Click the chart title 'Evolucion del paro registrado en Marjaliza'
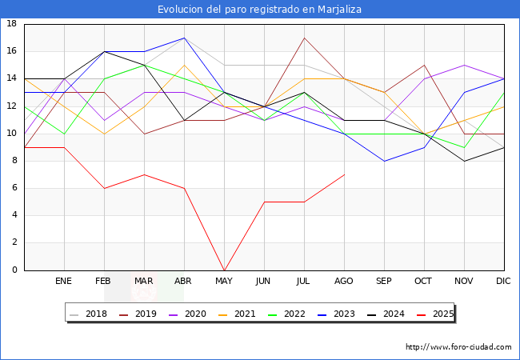[x=260, y=9]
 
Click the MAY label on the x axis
[x=224, y=282]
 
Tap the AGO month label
[x=344, y=282]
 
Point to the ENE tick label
[x=64, y=282]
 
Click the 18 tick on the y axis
[x=12, y=24]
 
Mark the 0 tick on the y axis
[x=15, y=270]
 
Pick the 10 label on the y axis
[x=12, y=133]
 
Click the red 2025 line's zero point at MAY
[x=224, y=270]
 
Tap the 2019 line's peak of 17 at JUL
[x=304, y=38]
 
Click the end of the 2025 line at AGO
[x=344, y=174]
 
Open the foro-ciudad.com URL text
[x=458, y=347]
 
